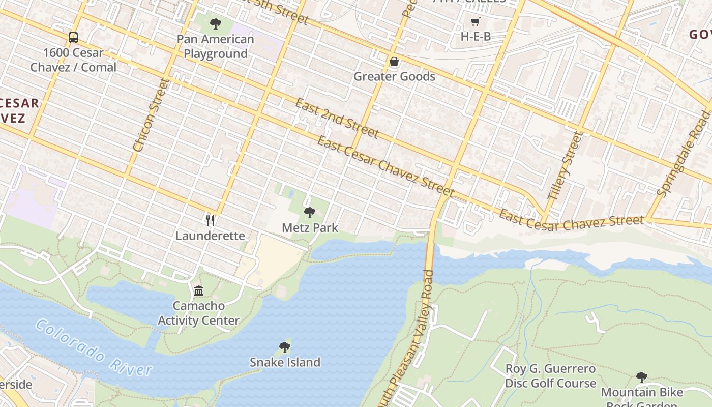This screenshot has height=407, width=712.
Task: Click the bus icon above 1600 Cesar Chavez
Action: (73, 37)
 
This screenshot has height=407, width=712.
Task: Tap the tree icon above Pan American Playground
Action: (216, 23)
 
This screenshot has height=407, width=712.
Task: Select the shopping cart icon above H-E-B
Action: (475, 21)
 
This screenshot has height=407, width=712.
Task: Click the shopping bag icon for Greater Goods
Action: (394, 62)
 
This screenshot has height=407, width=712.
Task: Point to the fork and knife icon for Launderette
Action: (210, 220)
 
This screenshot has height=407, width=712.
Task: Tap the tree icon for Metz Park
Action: (309, 212)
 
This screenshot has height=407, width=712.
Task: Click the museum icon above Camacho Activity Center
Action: (199, 290)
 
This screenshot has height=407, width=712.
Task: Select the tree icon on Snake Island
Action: (285, 347)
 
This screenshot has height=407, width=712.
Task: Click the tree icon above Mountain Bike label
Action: (642, 377)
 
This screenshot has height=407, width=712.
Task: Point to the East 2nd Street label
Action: (337, 118)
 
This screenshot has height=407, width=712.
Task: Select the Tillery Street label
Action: (563, 165)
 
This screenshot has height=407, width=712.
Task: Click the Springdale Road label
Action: (684, 154)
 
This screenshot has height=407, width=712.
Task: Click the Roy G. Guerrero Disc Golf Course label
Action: (550, 376)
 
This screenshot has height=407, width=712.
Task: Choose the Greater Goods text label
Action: (394, 77)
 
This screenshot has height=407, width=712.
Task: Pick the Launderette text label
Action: (210, 236)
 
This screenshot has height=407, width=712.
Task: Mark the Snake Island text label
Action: (285, 362)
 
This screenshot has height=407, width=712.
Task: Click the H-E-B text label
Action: (476, 37)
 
